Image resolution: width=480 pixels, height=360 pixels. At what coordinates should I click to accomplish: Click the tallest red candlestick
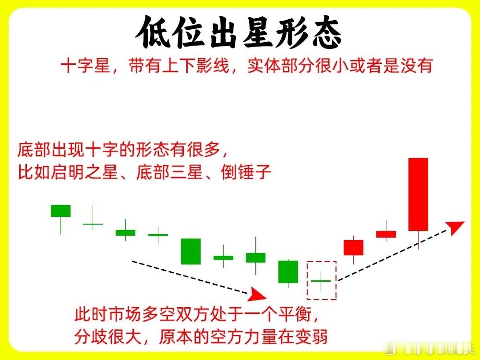point(418,194)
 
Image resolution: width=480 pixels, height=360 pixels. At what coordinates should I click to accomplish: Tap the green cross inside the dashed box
point(321,281)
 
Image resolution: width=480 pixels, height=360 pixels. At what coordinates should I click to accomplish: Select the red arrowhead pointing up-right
point(455,227)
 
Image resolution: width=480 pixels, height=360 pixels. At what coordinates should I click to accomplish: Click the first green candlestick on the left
point(60,211)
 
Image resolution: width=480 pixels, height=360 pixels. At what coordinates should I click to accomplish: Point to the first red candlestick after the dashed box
point(354,248)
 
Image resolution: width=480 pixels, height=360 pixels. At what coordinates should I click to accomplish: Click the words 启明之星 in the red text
point(84,172)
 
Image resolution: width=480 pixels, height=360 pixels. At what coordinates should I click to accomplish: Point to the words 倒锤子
point(246,172)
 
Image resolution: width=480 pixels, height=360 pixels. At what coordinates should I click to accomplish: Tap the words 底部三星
point(169,172)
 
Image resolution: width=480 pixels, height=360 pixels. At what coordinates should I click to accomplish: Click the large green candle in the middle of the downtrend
point(191,252)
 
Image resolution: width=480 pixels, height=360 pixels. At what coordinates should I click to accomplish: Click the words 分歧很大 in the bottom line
point(108,336)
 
